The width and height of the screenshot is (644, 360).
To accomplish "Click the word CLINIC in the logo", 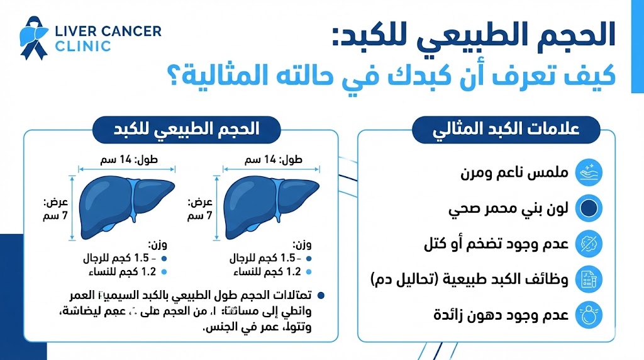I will point(83,46).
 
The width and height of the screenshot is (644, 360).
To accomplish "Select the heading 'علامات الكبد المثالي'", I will point(486,132).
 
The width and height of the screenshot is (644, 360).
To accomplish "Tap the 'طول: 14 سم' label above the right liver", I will point(275,159).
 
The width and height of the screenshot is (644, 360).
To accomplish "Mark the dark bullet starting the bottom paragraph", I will point(322,295).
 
